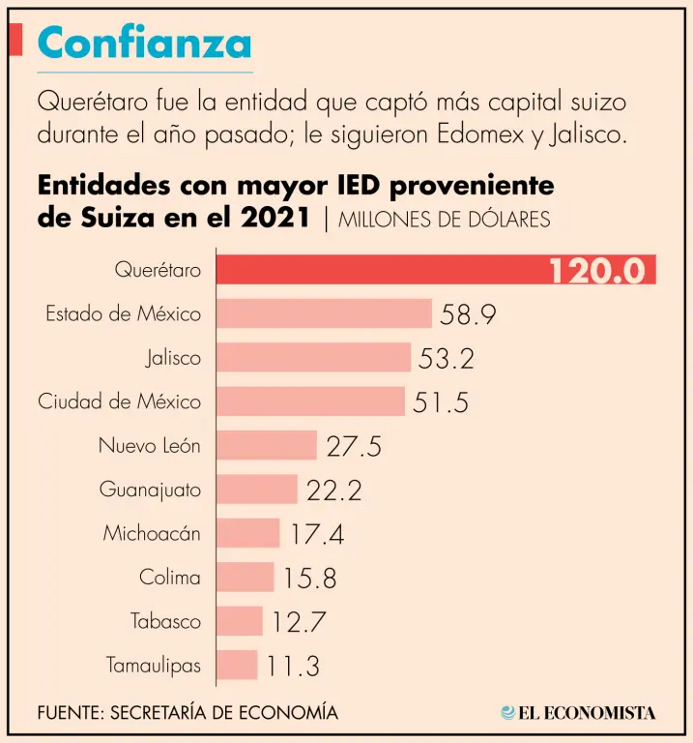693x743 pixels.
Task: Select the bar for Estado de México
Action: coord(323,313)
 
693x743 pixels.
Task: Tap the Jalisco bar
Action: coord(313,358)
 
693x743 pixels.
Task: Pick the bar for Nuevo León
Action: coord(266,445)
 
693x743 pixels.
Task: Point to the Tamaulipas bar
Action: coord(237,666)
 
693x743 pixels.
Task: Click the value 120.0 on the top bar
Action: coord(596,271)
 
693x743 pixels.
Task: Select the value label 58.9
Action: coord(469,314)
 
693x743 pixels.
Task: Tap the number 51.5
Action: coord(441,402)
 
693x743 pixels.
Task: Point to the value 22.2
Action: coord(333,490)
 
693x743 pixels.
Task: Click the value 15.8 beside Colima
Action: coord(309,579)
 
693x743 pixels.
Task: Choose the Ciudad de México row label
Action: coord(120,401)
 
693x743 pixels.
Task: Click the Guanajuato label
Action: coord(150,490)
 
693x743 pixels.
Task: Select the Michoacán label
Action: coord(152,533)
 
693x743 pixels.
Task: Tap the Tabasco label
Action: coord(166,621)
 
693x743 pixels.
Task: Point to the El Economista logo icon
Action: coord(507,713)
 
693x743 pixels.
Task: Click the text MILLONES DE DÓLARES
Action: coord(445,220)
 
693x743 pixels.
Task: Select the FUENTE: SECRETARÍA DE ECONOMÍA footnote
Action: coord(188,713)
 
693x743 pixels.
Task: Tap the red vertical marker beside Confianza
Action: coord(16,40)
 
